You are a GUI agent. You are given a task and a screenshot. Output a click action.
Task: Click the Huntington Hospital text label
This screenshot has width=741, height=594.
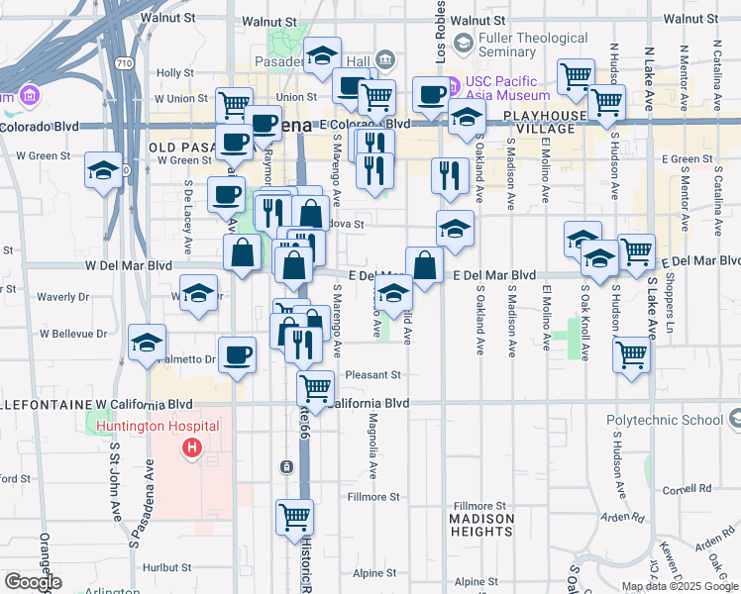click(x=159, y=427)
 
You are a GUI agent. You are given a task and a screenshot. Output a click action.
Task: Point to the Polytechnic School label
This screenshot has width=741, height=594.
click(x=665, y=420)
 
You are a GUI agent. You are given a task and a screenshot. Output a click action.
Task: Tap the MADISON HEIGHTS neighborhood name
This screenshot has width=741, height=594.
click(x=481, y=525)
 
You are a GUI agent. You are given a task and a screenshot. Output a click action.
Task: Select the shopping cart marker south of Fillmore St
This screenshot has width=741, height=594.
click(x=295, y=516)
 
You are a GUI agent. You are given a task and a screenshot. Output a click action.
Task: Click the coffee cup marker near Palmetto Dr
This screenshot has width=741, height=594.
click(x=237, y=353)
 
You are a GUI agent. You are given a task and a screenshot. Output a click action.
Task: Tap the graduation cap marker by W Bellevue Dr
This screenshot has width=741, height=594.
click(x=147, y=342)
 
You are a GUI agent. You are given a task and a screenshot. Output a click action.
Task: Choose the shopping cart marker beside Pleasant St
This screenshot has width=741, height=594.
click(x=315, y=386)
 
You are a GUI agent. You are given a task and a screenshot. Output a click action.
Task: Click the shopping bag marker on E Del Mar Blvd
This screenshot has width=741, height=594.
click(x=424, y=265)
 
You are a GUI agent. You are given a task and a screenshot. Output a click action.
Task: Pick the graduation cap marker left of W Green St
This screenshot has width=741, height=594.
click(x=104, y=169)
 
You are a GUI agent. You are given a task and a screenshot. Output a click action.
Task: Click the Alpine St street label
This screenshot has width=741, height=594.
click(x=375, y=573)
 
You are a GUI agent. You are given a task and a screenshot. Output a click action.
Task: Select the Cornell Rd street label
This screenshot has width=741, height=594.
click(x=689, y=488)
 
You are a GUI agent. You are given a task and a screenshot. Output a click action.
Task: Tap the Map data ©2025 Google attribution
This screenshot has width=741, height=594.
click(x=679, y=586)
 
